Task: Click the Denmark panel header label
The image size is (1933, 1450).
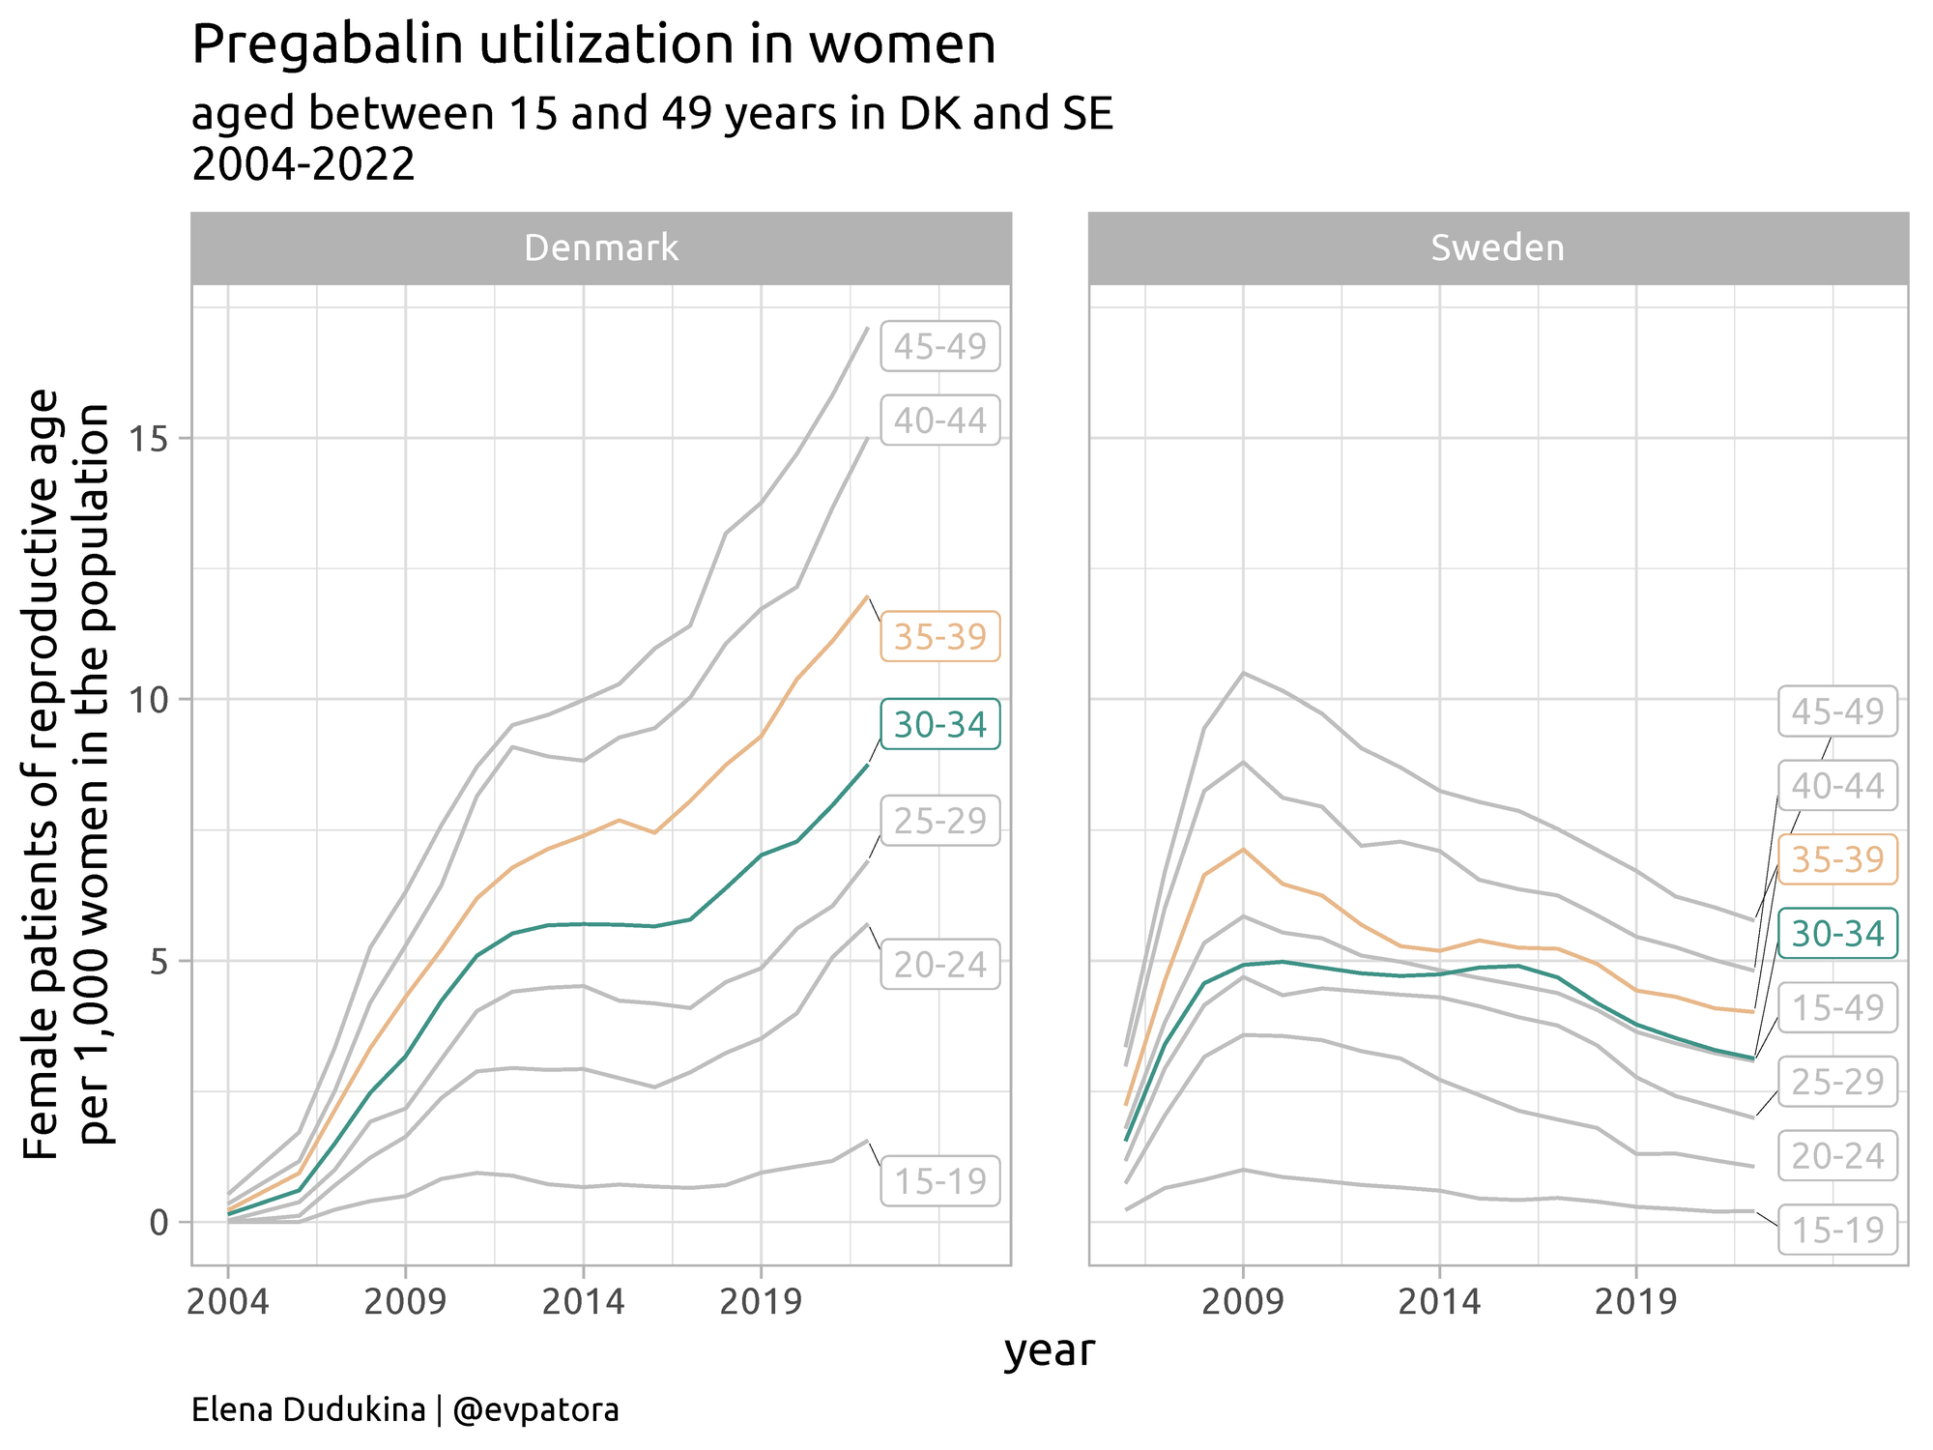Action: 600,248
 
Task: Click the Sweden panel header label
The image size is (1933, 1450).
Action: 1497,248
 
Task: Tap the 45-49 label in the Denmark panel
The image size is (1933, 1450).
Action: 939,347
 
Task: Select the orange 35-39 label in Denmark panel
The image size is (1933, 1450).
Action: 939,637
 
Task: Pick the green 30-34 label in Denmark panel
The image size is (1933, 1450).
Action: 939,725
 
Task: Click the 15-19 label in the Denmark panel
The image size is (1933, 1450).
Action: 939,1181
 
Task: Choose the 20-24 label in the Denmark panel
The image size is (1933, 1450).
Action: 939,965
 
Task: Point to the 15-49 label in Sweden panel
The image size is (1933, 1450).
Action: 1837,1008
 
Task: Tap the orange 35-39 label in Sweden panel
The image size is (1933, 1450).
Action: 1837,859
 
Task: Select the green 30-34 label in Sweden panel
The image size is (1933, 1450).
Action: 1837,934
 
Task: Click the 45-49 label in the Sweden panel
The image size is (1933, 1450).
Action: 1837,711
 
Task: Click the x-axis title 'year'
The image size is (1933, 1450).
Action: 1049,1351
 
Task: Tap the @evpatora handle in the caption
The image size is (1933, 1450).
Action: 535,1410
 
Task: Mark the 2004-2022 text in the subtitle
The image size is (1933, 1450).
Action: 303,165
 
